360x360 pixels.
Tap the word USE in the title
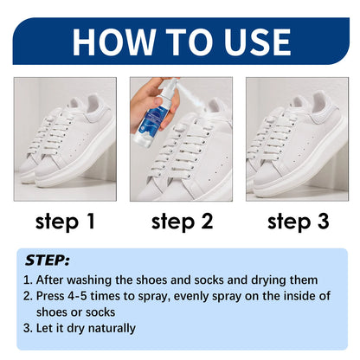point(250,41)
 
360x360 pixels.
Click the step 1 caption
point(66,222)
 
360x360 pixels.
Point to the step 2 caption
point(182,222)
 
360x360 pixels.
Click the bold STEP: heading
point(47,259)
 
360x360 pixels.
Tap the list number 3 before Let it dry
point(28,327)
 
